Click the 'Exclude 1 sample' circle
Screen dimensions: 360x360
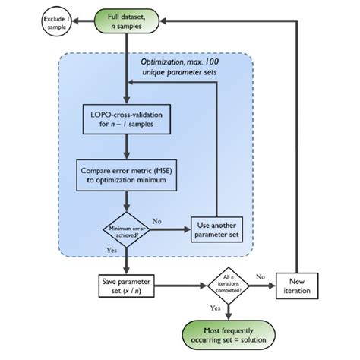click(35, 21)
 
